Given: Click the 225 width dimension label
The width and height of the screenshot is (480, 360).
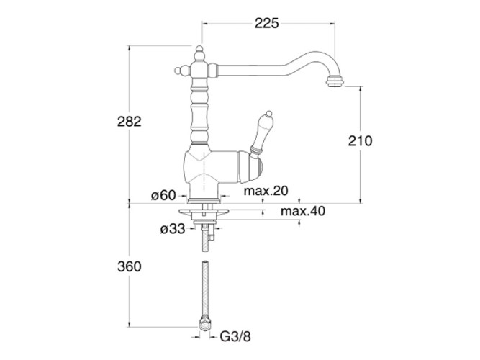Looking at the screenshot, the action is tap(267, 23).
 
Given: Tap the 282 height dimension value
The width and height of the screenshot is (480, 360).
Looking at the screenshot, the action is tap(130, 122).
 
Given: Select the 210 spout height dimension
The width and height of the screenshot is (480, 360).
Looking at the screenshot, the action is tap(360, 141).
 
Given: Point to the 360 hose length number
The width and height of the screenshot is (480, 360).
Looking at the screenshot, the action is tap(130, 266).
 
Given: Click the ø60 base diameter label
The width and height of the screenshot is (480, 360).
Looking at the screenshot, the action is tap(163, 195).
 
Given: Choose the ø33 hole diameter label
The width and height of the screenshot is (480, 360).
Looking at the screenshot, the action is tap(173, 229).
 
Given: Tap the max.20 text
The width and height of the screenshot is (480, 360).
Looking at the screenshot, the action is tap(266, 191).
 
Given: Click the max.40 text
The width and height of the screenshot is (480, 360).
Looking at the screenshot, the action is tap(303, 211).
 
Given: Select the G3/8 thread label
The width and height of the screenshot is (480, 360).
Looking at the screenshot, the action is tap(235, 337).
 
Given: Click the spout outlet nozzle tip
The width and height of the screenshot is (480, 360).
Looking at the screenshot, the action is tap(335, 81).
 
